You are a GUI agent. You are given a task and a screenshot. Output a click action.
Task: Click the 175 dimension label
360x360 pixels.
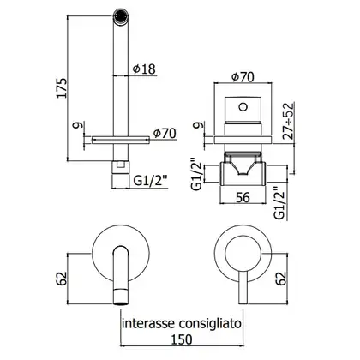click(63, 87)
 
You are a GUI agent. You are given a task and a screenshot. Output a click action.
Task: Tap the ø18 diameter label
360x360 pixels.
click(144, 69)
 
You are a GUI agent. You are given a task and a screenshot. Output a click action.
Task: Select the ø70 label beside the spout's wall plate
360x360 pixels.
click(165, 134)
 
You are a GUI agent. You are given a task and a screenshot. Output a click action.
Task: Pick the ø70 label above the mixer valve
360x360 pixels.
click(243, 77)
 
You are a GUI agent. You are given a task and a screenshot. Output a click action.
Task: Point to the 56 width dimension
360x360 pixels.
click(243, 197)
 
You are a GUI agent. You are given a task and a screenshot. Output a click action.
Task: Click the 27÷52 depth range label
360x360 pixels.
click(289, 121)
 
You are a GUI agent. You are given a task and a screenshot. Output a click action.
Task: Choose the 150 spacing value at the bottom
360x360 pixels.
click(182, 339)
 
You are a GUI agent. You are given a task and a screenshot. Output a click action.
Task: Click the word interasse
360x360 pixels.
click(148, 324)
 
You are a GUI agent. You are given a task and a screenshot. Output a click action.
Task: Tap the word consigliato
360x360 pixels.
click(210, 325)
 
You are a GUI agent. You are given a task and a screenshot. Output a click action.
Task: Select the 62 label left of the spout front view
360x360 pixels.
click(63, 279)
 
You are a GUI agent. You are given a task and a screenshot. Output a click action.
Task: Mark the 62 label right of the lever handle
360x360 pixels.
click(281, 279)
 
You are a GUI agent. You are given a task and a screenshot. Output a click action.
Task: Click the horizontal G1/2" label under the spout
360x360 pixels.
click(150, 182)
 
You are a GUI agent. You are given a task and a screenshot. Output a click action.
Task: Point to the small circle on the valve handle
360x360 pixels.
click(243, 107)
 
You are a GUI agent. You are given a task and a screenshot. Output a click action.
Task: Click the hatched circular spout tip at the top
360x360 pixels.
click(121, 15)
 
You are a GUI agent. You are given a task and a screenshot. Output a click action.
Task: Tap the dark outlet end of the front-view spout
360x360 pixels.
click(121, 303)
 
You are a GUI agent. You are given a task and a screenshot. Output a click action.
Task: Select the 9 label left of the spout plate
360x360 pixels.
click(80, 125)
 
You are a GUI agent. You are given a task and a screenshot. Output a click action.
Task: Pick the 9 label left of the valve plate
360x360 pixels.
click(200, 125)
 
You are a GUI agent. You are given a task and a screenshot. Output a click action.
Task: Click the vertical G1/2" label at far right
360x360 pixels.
click(280, 203)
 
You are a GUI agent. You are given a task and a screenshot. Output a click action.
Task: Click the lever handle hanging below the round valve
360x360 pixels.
click(243, 288)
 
